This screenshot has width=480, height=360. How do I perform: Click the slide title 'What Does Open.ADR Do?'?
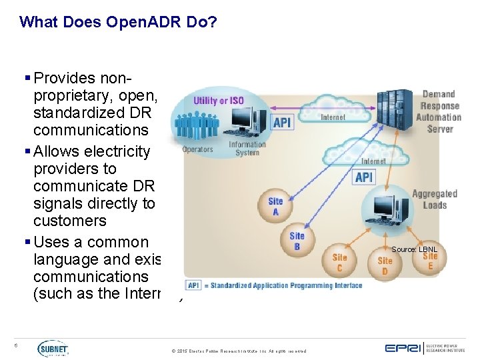click(x=118, y=22)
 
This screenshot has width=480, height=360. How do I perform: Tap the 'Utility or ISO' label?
click(x=218, y=101)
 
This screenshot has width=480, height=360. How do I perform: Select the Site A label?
click(x=275, y=206)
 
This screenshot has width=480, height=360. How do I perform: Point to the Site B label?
click(x=297, y=241)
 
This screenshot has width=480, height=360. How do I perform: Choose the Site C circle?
click(x=339, y=262)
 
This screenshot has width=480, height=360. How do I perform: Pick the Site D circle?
click(x=385, y=265)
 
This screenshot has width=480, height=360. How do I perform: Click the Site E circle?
click(x=430, y=260)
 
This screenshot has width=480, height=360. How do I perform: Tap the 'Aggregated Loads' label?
click(x=434, y=199)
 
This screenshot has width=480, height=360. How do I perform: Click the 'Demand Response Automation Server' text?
click(x=439, y=111)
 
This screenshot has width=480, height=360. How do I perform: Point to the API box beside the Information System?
click(x=282, y=122)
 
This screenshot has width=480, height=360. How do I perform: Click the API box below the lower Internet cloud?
click(x=364, y=177)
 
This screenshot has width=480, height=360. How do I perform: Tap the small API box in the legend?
click(x=193, y=285)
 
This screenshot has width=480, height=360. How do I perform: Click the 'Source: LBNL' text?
click(x=413, y=249)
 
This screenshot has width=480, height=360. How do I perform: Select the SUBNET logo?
click(x=53, y=348)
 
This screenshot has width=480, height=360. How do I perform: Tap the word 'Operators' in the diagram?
click(x=197, y=149)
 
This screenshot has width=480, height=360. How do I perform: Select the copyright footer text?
click(x=239, y=351)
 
